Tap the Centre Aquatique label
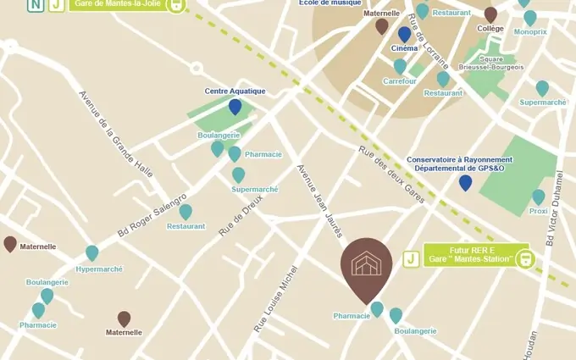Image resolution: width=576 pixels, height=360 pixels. click(x=235, y=91)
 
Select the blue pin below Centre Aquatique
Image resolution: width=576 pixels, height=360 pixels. click(x=235, y=107)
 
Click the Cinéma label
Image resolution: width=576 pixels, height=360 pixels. click(x=405, y=48)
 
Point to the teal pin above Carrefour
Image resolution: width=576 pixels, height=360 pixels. click(x=400, y=66)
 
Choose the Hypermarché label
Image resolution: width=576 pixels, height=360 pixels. click(x=99, y=269)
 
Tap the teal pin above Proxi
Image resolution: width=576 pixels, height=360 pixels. click(x=538, y=197)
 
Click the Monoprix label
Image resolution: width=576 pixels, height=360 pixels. click(x=530, y=32)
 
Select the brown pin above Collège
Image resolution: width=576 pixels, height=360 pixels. click(x=490, y=14)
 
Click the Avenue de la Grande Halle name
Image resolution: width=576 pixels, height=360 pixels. click(x=116, y=133)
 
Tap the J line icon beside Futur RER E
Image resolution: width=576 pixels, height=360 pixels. click(x=411, y=258)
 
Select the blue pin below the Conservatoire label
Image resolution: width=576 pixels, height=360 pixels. click(x=465, y=183)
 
